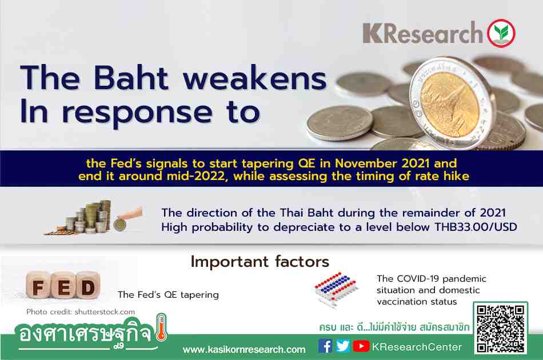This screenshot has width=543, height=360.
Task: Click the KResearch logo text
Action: pos(422,33)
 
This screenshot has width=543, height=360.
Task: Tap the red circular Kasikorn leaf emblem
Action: pos(501,33)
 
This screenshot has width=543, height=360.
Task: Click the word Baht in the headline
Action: pos(131,78)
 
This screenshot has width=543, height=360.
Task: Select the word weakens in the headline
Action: pos(255,79)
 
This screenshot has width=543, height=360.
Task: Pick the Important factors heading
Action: pos(259,262)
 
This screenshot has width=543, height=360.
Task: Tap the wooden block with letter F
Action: pos(38,286)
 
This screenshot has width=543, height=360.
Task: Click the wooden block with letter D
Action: pos(88,286)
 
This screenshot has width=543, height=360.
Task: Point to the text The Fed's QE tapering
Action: pos(168,295)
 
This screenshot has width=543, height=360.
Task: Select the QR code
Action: pos(500,329)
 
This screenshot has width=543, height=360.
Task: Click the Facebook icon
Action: pos(325,346)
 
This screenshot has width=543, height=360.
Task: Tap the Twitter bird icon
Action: pos(343,346)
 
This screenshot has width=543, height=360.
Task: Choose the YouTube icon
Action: pos(361,346)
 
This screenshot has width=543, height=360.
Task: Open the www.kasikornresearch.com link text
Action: pos(244,350)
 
